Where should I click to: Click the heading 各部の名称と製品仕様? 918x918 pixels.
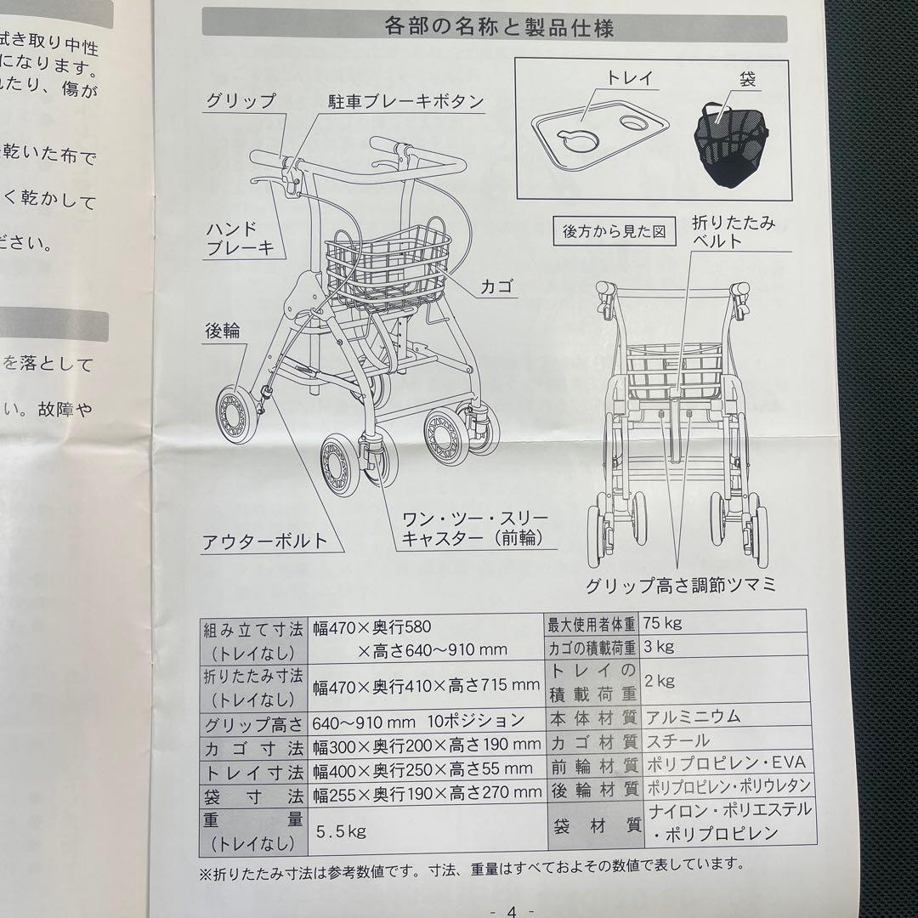coord(499,28)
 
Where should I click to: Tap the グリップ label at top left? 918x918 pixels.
coord(241,101)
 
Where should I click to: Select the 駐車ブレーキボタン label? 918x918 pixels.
coord(406,103)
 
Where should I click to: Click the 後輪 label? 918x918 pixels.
coord(223,331)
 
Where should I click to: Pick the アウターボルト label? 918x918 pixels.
coord(264,541)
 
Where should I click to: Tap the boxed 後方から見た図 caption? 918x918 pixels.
coord(613,230)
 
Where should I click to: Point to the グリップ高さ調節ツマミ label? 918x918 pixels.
coord(680,586)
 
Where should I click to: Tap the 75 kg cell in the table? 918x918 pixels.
coord(663,623)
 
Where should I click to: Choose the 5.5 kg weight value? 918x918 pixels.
coord(341,830)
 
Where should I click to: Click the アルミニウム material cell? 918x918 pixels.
coord(693,716)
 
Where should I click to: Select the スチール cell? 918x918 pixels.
coord(677,741)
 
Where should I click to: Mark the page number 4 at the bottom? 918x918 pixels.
coord(511,909)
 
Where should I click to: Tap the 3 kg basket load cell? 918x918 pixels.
coord(660,647)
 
